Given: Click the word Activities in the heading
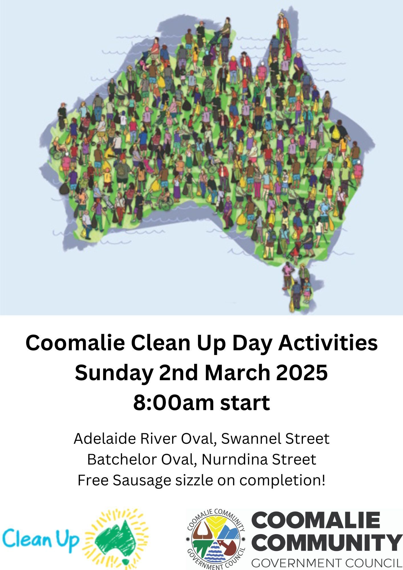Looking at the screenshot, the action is pyautogui.click(x=328, y=343).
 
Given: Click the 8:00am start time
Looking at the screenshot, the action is pyautogui.click(x=201, y=402).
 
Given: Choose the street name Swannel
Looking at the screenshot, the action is pyautogui.click(x=251, y=439).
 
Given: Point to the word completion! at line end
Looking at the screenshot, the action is pyautogui.click(x=282, y=481).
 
